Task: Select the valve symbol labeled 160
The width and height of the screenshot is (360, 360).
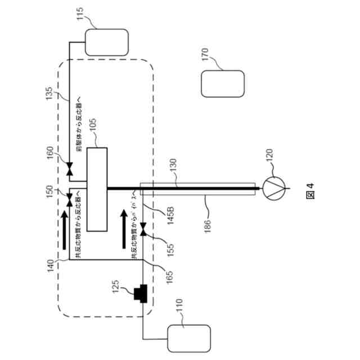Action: point(68,169)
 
